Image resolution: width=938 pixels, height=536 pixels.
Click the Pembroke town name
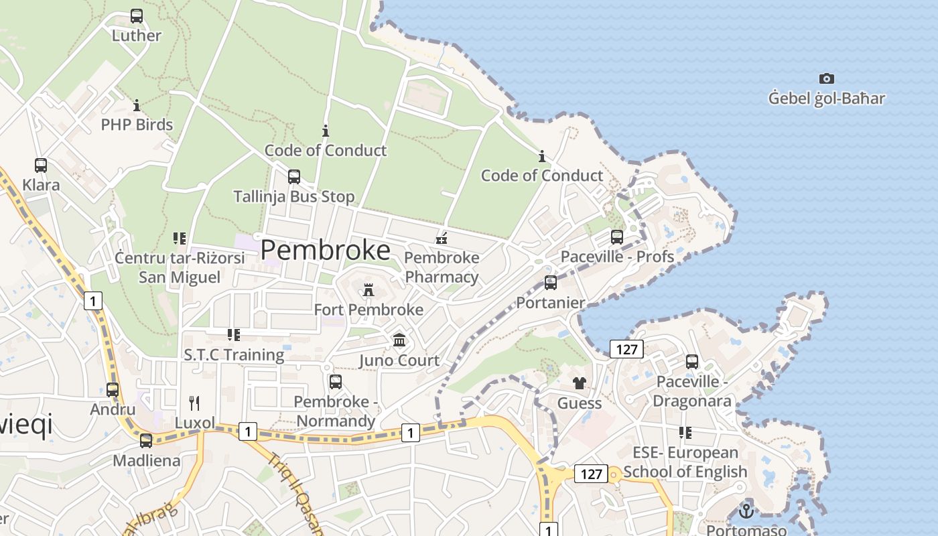(325, 250)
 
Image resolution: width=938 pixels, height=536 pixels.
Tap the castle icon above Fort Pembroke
(368, 290)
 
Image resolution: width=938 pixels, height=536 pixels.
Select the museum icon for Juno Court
(399, 340)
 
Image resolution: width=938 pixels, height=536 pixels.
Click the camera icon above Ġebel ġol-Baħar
(827, 79)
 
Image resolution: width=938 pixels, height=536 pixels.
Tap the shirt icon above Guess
(579, 383)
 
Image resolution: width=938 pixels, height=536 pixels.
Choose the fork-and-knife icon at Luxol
(194, 403)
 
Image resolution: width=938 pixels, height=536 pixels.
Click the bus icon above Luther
(137, 16)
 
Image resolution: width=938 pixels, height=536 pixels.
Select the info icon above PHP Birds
(137, 105)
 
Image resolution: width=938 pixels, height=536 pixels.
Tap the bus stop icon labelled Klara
(41, 165)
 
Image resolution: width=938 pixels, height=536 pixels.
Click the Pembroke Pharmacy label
(442, 267)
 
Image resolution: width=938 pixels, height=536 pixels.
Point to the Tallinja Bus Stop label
(293, 196)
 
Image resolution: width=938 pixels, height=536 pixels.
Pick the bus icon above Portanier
(551, 283)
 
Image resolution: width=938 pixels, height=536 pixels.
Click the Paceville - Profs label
(617, 256)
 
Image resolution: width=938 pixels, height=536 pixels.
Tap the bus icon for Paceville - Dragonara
(692, 362)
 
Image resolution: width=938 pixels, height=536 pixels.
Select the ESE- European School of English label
(685, 462)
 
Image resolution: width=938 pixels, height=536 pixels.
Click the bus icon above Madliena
(146, 441)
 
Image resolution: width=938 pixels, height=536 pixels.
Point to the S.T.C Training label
(234, 354)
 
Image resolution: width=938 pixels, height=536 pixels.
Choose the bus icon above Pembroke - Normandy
(336, 382)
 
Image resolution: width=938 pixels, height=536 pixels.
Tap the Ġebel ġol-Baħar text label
(826, 98)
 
